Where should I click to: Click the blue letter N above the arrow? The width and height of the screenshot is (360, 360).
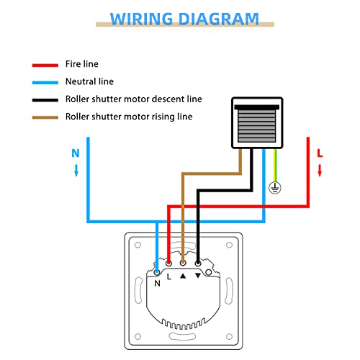tap(75, 153)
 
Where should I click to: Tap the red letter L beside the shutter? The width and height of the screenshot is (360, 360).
tap(320, 153)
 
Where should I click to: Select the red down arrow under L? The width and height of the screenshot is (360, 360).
tap(321, 171)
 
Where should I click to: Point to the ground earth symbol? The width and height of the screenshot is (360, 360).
tap(274, 187)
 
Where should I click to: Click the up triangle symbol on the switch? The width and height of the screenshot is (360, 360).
tap(183, 276)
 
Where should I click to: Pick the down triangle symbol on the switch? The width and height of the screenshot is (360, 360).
tap(198, 276)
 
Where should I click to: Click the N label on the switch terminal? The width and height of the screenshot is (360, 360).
tap(157, 283)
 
